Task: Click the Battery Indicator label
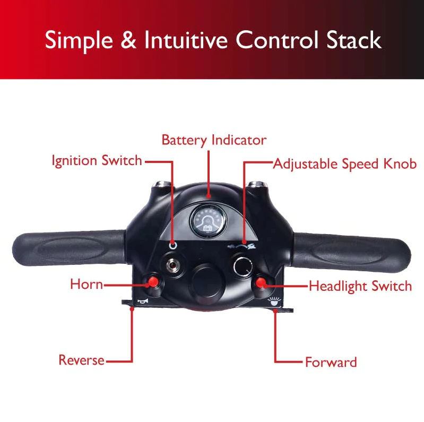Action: pos(214,140)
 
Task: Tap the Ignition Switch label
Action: pos(97,160)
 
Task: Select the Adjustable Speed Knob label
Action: pos(345,163)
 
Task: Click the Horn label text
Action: pos(86,284)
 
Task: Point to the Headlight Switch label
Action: pos(360,286)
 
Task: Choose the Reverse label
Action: pos(82,360)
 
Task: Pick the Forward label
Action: pos(331,363)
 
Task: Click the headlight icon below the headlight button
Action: pos(273,302)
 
